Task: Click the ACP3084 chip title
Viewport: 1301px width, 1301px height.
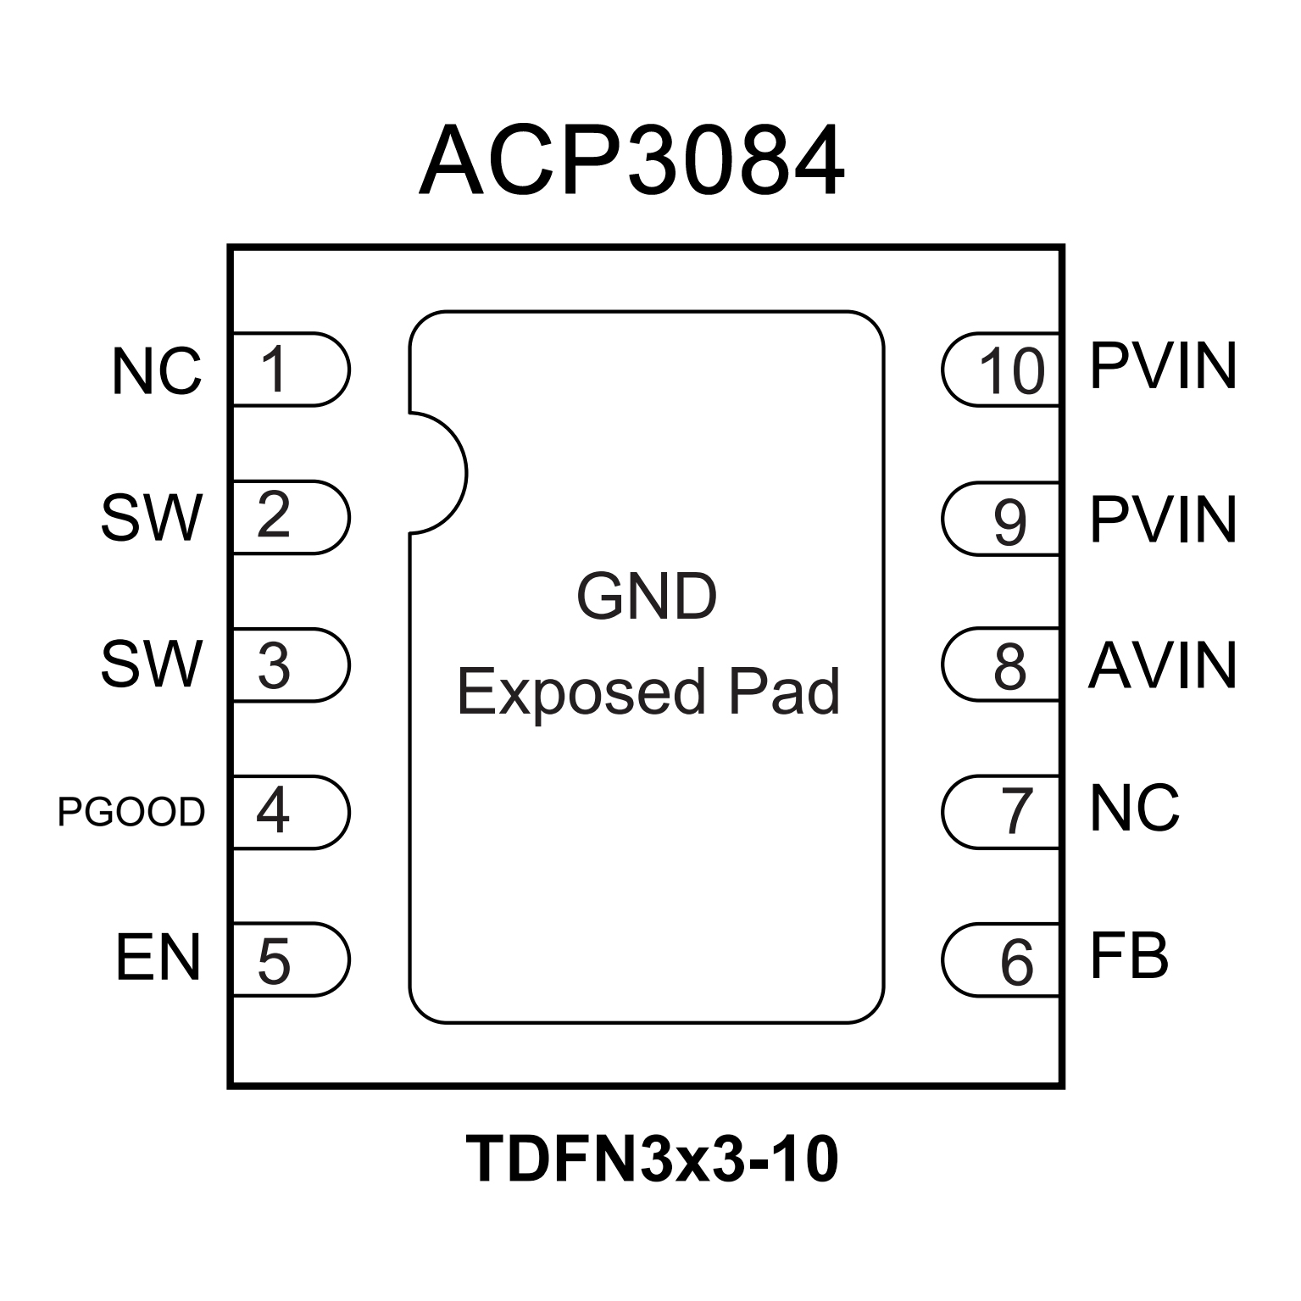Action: click(631, 161)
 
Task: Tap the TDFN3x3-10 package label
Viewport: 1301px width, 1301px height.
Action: click(651, 1159)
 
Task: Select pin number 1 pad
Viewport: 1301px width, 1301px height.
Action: click(288, 370)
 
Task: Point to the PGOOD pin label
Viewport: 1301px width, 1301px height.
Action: click(131, 812)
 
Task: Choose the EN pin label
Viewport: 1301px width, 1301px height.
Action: click(158, 958)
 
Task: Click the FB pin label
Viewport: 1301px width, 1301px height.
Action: click(1129, 958)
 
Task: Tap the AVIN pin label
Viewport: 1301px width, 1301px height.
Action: click(1162, 665)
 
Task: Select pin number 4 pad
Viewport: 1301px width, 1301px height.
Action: click(288, 812)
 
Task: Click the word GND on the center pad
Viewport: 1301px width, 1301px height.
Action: click(647, 597)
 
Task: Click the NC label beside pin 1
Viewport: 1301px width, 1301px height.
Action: click(157, 371)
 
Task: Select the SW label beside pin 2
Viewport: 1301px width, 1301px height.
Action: click(153, 517)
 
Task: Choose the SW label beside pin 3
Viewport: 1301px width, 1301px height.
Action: click(153, 664)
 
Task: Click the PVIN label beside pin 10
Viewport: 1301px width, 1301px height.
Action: click(1163, 366)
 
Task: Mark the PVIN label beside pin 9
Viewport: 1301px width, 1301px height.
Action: click(1163, 519)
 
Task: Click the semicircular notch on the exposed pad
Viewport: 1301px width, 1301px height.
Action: click(436, 473)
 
